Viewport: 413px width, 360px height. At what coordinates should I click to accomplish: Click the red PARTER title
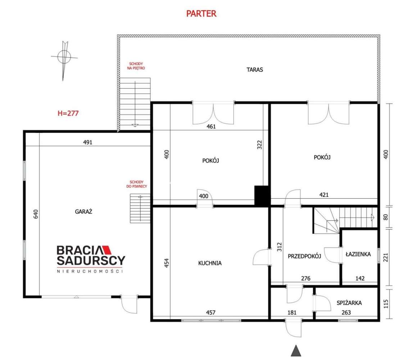tap(201, 14)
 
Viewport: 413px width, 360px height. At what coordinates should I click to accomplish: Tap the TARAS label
tap(254, 70)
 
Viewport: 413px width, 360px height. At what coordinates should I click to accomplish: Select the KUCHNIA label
tap(210, 263)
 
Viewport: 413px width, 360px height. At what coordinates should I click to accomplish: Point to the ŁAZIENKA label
tap(358, 254)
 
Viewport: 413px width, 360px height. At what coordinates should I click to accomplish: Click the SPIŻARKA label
tap(349, 303)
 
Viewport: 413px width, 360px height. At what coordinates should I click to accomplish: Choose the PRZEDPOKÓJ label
tap(304, 256)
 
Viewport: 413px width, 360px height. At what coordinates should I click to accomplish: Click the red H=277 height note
tap(68, 113)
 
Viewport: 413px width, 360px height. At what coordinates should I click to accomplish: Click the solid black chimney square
tap(262, 196)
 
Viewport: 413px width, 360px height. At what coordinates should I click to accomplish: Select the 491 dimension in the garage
tap(88, 142)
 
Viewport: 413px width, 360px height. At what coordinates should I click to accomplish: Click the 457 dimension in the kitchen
tap(210, 312)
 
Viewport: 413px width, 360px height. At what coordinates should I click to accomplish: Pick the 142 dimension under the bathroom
tap(360, 278)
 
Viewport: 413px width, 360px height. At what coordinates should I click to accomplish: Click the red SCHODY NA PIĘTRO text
tap(136, 66)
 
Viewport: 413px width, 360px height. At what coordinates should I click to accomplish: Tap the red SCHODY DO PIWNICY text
tap(137, 184)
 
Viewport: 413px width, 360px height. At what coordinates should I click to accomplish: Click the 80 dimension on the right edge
tap(386, 217)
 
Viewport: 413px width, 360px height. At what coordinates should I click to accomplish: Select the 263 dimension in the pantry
tap(346, 312)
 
